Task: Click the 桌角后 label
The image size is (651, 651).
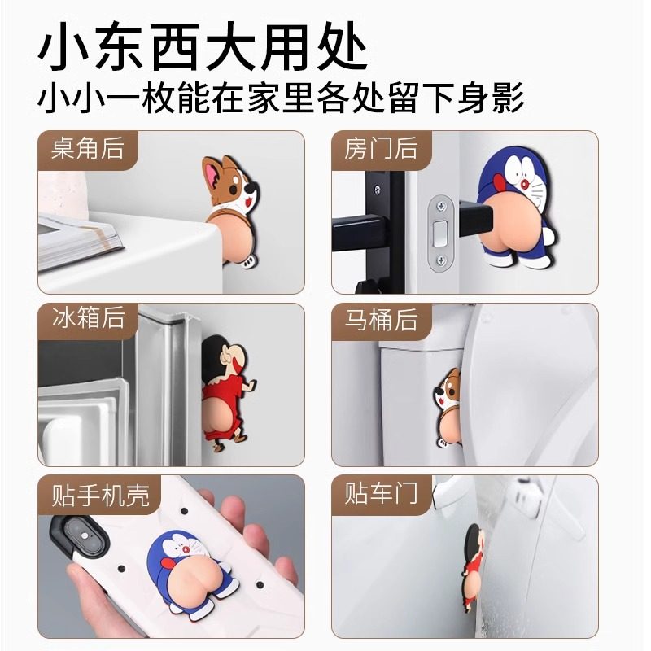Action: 87,149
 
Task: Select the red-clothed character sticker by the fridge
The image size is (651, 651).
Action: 224,382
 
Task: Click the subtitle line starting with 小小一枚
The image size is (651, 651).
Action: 281,101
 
